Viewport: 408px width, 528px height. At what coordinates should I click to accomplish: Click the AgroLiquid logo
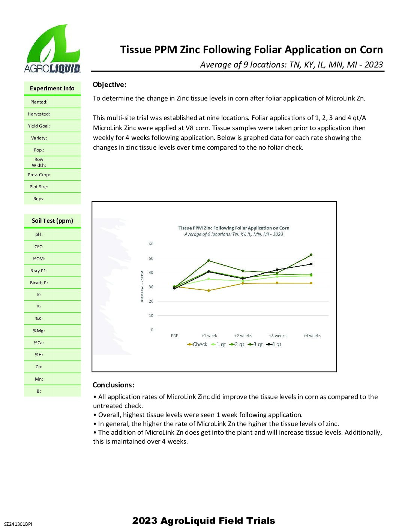(52, 49)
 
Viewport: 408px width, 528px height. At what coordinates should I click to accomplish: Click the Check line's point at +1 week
(208, 290)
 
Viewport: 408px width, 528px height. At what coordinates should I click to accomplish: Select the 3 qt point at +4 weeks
(311, 255)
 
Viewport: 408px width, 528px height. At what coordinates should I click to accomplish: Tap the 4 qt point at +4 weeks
(311, 264)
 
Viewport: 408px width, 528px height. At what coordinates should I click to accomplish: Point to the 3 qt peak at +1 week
(208, 261)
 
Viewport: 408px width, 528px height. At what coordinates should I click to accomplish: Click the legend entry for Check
(197, 344)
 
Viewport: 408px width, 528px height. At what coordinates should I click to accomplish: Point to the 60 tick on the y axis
(151, 244)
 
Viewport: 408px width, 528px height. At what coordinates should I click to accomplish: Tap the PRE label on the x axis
(174, 336)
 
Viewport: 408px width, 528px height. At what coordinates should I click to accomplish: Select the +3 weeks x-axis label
(277, 336)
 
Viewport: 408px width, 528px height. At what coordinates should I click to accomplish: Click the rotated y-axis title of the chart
(142, 286)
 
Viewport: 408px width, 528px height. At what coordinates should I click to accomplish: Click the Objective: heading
(109, 85)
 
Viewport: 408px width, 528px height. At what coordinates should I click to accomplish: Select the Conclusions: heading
(113, 385)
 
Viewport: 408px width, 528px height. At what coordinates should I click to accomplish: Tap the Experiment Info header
(52, 88)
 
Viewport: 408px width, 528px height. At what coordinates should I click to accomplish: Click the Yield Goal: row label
(39, 126)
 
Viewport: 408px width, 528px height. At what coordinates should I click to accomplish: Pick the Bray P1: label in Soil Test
(39, 271)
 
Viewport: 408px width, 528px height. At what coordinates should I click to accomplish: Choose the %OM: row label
(39, 259)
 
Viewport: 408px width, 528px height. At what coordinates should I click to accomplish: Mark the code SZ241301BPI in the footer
(18, 524)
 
